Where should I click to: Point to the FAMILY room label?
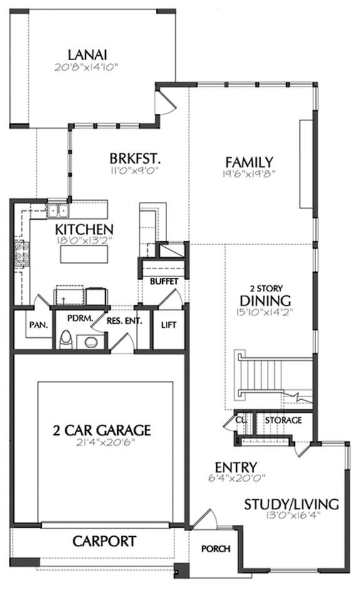[249, 161]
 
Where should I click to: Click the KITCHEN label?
[84, 229]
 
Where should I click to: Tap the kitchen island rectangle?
[84, 255]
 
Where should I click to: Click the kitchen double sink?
[58, 210]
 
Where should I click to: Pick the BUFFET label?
[164, 282]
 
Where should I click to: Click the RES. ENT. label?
[125, 322]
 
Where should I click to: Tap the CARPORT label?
[103, 541]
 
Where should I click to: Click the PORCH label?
[215, 549]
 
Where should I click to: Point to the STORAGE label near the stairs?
[284, 420]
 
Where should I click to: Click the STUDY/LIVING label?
[291, 504]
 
